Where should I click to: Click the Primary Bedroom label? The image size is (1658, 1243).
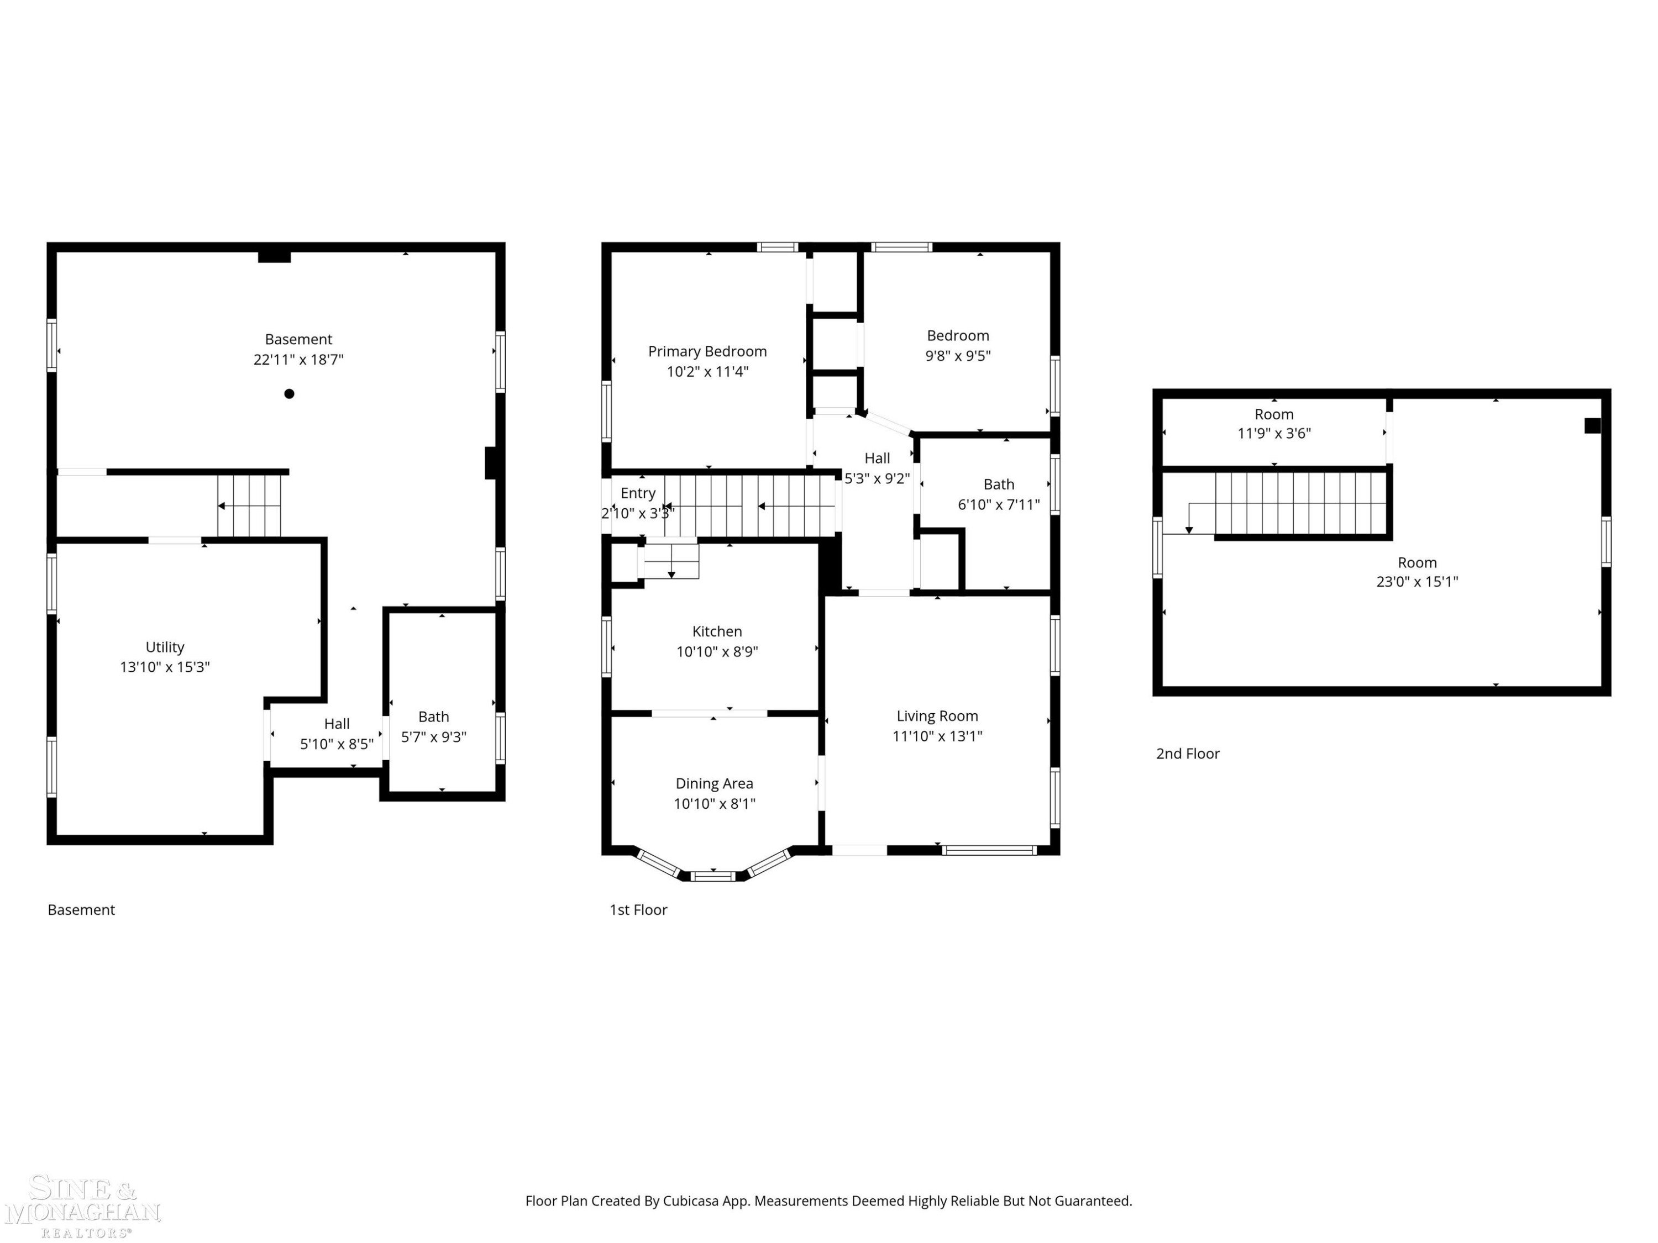(707, 351)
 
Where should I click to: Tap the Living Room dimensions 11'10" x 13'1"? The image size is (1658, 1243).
(937, 736)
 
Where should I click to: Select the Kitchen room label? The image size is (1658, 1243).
(717, 631)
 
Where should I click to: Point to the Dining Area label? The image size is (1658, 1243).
(714, 784)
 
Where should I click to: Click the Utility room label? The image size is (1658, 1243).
(165, 647)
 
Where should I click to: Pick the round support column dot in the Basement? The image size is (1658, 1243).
(290, 394)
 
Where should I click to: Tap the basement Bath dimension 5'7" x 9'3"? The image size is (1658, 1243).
(433, 738)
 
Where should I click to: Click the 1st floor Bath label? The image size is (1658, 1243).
(999, 484)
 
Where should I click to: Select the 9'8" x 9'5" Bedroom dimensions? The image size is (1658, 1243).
(958, 356)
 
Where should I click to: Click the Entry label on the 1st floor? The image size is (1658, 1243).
(638, 493)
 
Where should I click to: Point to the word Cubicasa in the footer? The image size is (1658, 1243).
(690, 1201)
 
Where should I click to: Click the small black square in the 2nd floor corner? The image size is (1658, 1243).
(1592, 425)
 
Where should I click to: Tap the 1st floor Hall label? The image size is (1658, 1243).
(877, 459)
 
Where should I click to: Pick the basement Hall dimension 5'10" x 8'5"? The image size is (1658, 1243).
(337, 744)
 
